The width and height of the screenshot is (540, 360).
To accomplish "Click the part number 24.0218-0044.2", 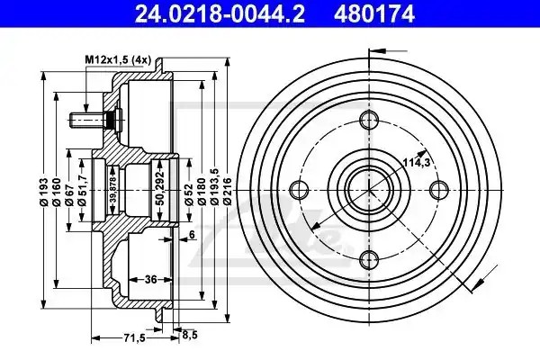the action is point(220,13).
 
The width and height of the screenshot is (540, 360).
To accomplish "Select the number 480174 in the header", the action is point(374,13).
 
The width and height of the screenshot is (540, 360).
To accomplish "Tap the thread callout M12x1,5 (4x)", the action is point(118,60).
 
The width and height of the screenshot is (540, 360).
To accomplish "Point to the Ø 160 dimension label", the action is point(57,193).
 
